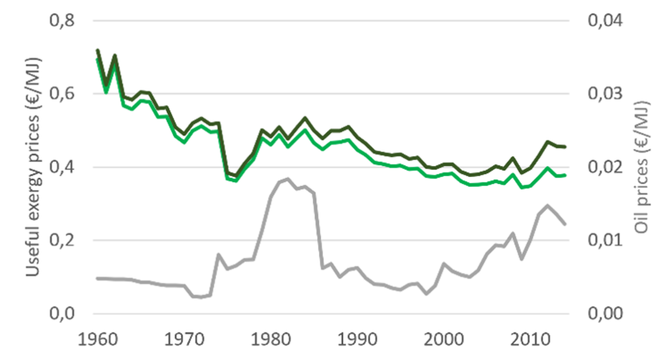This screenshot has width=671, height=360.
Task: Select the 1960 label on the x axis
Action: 97,342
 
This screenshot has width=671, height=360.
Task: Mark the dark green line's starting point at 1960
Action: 97,50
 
